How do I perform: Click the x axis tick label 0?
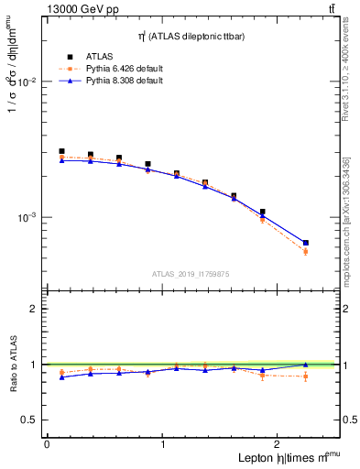point(47,444)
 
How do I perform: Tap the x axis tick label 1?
point(163,444)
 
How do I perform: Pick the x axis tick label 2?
point(278,444)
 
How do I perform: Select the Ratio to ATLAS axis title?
point(12,365)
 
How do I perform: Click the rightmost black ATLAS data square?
point(305,243)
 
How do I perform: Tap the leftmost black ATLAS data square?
point(61,151)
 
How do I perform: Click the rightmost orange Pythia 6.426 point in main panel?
point(305,252)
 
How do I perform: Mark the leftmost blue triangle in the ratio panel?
point(61,377)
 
